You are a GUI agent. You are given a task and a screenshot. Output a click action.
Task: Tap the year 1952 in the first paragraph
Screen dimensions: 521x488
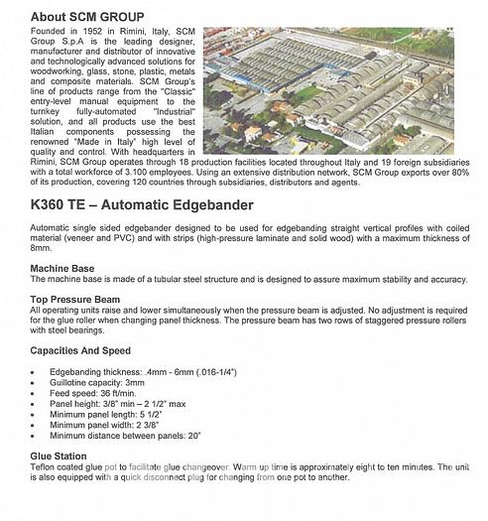click(90, 34)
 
